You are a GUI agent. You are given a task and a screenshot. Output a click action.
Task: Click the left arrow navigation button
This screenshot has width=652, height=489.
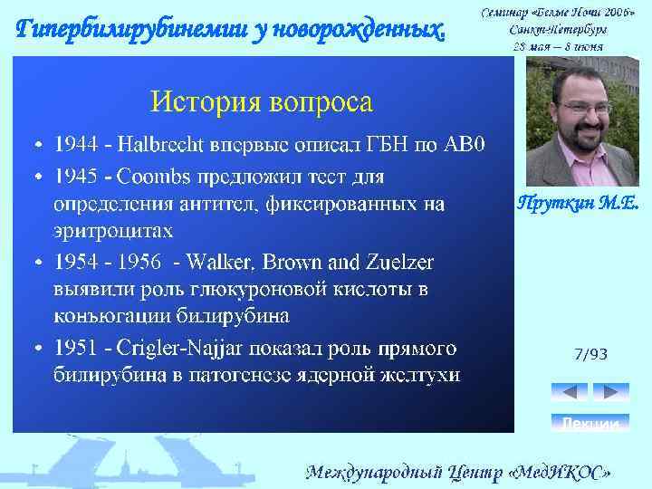[570, 392]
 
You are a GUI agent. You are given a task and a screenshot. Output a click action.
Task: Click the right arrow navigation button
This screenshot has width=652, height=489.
[609, 392]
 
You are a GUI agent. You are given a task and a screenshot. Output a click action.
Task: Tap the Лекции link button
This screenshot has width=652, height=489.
[590, 423]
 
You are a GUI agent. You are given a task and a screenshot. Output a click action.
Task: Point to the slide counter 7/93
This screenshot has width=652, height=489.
[590, 354]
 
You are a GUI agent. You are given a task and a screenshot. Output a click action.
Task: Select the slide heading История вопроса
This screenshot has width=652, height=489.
[261, 101]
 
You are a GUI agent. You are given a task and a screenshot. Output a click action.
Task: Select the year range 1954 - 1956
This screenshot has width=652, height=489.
[107, 263]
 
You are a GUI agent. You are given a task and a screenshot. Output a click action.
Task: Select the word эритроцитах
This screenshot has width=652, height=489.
[111, 232]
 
